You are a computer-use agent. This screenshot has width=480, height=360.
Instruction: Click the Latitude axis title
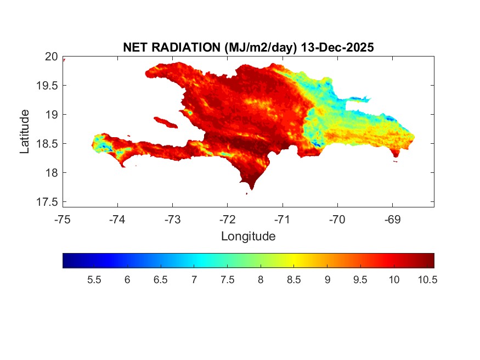pos(25,131)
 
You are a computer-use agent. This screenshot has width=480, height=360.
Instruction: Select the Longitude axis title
pos(248,237)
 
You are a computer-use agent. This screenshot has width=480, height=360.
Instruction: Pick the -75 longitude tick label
pos(63,220)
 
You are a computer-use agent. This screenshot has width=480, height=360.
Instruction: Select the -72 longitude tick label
pos(228,220)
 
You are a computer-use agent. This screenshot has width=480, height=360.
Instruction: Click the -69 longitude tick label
pos(392,220)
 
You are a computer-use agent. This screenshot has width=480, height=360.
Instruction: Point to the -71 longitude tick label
pos(283,220)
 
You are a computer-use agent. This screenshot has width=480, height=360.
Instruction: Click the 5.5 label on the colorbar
pos(94,280)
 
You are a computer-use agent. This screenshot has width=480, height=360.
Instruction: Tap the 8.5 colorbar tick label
pos(294,280)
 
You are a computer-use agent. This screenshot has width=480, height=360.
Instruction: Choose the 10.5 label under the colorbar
pos(427,280)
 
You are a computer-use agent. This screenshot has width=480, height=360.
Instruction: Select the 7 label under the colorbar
pos(194,280)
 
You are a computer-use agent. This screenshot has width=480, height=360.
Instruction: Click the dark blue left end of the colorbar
pos(67,260)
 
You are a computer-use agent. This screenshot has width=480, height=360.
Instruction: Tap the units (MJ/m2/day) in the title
pos(261,48)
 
